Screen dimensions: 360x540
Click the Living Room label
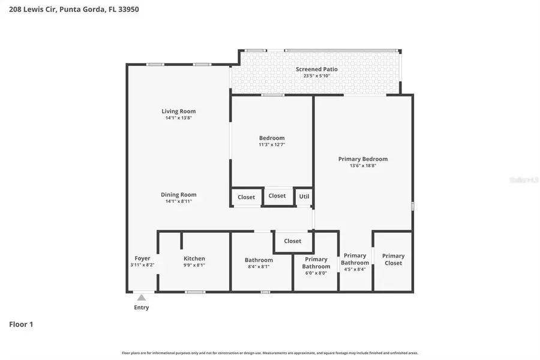[x=178, y=111]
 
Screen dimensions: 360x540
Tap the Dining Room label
[x=178, y=194]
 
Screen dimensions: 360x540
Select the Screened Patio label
[x=316, y=69]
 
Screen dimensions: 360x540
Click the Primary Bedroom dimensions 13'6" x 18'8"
[x=362, y=166]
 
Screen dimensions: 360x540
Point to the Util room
[x=304, y=197]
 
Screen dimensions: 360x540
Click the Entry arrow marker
[x=141, y=297]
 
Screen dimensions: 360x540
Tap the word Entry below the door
[x=141, y=308]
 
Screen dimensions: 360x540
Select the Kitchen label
[x=194, y=259]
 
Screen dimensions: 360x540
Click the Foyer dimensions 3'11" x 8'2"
[x=142, y=265]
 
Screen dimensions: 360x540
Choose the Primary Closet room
[x=393, y=260]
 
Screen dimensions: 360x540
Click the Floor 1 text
[x=21, y=325]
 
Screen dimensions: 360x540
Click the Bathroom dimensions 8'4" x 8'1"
[x=259, y=266]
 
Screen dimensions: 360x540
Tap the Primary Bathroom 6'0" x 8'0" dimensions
[x=316, y=273]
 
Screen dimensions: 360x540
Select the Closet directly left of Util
[x=277, y=196]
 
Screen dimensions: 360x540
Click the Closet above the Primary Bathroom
[x=293, y=241]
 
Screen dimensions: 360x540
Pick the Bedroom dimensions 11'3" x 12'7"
[x=271, y=145]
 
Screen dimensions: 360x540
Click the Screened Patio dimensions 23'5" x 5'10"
[x=316, y=76]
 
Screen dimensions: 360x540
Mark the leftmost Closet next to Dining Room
[x=246, y=197]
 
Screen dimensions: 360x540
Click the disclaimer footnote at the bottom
[x=270, y=353]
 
